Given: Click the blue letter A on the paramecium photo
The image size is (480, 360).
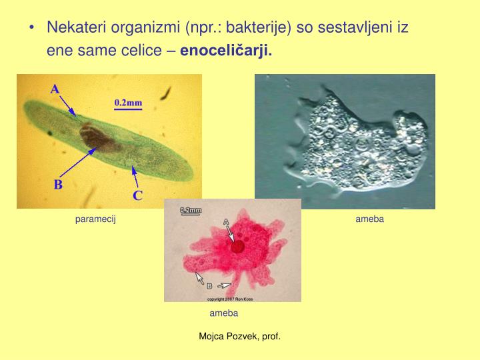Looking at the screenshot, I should [55, 89].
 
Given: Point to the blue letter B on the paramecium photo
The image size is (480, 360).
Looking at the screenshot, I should [58, 185].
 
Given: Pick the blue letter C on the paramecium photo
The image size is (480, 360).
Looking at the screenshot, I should [137, 195].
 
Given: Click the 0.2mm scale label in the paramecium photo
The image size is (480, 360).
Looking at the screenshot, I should [128, 103].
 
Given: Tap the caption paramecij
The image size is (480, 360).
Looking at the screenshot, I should [95, 219].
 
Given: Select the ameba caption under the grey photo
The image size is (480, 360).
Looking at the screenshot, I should [369, 219].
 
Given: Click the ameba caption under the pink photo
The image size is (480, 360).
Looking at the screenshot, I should [223, 313].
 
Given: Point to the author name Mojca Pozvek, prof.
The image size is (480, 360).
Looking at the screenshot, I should [239, 337].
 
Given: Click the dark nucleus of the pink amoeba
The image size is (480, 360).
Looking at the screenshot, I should [238, 246].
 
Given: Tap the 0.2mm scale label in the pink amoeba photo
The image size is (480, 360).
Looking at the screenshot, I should [191, 210].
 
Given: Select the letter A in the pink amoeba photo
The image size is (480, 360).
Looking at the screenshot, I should [225, 221].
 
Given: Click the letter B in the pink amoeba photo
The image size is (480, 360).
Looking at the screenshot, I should [209, 286].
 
